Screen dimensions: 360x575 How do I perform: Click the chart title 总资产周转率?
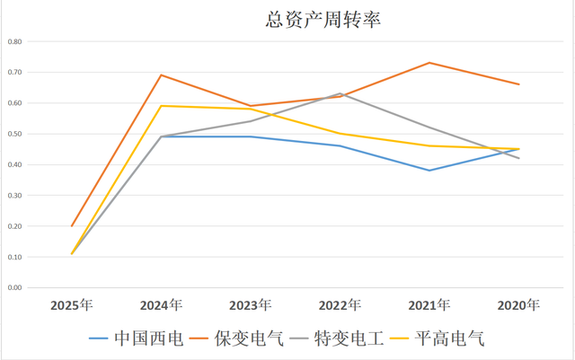click(x=323, y=20)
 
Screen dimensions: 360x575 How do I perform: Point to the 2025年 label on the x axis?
click(x=71, y=305)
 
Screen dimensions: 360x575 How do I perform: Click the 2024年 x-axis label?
click(x=161, y=305)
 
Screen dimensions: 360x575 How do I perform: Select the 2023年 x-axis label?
click(x=251, y=305)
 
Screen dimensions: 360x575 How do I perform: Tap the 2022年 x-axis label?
click(x=340, y=305)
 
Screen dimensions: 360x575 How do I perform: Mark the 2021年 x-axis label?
click(x=429, y=305)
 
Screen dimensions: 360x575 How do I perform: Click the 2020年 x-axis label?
click(x=518, y=305)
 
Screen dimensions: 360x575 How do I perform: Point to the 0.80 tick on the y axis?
click(x=14, y=41)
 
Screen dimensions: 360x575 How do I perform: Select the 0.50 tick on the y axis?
click(x=14, y=134)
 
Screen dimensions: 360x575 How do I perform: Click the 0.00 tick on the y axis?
click(x=14, y=288)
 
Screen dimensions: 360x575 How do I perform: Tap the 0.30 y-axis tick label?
click(x=14, y=196)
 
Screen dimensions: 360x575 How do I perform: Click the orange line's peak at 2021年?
click(x=429, y=63)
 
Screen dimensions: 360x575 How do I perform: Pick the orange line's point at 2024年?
click(x=161, y=75)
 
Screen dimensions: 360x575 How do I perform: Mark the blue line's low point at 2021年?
click(x=429, y=171)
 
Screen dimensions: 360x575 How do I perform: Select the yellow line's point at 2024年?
click(x=161, y=106)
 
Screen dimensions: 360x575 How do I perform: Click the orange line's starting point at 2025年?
click(x=71, y=226)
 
